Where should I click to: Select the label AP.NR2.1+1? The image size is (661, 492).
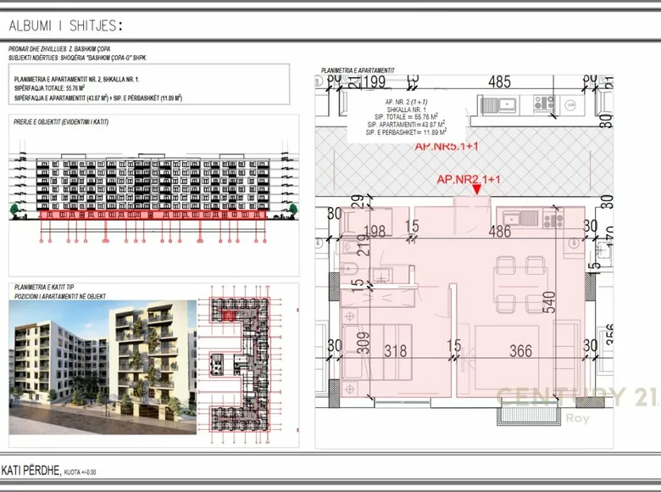point(469,179)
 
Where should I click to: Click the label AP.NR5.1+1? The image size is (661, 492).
point(447,146)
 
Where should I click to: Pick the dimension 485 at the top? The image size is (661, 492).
point(500,82)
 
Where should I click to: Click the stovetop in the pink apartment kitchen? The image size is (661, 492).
point(553,220)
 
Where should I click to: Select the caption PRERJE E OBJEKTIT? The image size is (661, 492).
point(66,122)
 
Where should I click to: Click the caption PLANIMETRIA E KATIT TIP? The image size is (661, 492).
point(47,288)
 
